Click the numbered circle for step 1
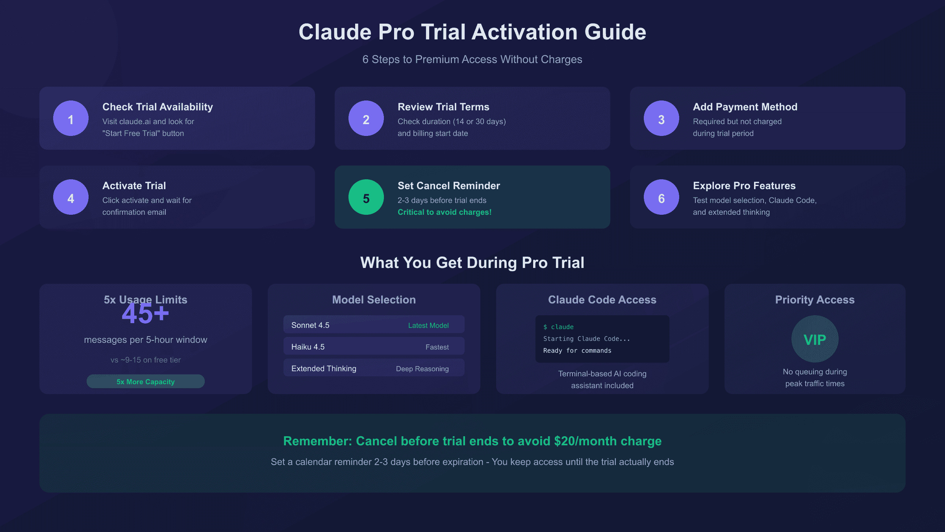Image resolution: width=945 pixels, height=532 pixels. pos(71,118)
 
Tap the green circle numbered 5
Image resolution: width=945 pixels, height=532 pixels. pos(366,197)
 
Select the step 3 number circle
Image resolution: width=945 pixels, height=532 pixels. pos(661,118)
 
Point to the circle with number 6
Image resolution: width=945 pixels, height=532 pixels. pos(661,197)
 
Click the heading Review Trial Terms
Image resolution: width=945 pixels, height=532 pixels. pos(443,107)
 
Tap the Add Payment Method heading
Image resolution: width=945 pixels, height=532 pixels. pos(745,107)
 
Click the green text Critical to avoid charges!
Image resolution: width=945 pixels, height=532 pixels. pos(445,212)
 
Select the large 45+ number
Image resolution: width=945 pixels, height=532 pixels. pos(145,314)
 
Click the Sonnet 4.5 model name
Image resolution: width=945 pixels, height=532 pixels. pos(310,325)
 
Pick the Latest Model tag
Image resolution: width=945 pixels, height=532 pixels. pos(428,326)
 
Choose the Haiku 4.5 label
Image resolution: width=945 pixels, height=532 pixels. pos(308,347)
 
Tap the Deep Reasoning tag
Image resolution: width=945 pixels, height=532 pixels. pos(422,369)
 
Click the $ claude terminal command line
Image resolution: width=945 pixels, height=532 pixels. pos(558,327)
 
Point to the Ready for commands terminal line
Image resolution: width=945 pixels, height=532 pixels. pos(577,351)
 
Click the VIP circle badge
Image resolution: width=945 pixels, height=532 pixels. pos(815,339)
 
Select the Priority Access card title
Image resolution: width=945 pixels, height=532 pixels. pos(815,299)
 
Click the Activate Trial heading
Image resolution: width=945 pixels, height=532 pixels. pos(134,186)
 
